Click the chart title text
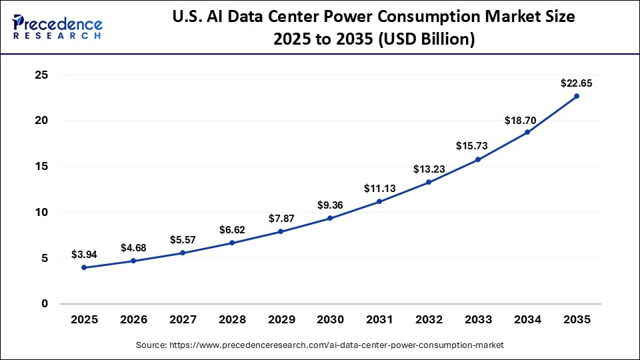(373, 28)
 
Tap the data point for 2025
(84, 267)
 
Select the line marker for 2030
(330, 218)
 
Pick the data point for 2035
(577, 96)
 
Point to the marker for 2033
(478, 159)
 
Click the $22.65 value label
(577, 83)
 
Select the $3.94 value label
(84, 255)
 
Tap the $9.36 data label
(330, 205)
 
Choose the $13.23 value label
(429, 169)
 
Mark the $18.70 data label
(527, 119)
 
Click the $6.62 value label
(232, 230)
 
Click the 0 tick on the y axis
(45, 303)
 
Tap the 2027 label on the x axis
(183, 320)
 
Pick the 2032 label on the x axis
(429, 320)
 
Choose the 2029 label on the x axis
(281, 320)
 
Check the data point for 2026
(133, 261)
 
